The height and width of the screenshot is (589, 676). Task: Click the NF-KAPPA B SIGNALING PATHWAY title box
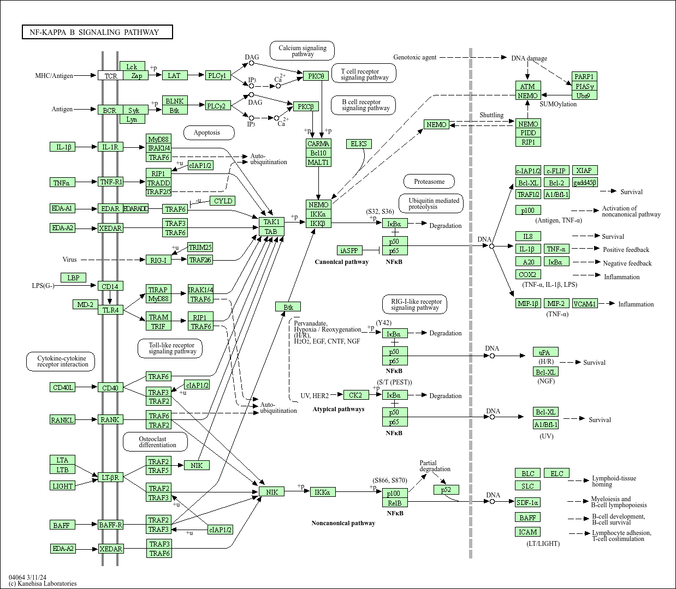pyautogui.click(x=97, y=32)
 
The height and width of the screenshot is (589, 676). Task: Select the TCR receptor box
pyautogui.click(x=111, y=76)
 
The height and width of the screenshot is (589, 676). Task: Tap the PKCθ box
pyautogui.click(x=316, y=76)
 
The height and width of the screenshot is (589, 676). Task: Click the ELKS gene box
pyautogui.click(x=359, y=144)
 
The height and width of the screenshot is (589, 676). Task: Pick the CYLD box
pyautogui.click(x=223, y=201)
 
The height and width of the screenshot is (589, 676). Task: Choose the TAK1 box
pyautogui.click(x=271, y=222)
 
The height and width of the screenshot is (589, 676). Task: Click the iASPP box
pyautogui.click(x=349, y=250)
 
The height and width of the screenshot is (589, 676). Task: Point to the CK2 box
pyautogui.click(x=355, y=395)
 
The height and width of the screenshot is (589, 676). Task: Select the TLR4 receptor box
pyautogui.click(x=110, y=310)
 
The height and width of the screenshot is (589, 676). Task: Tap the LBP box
pyautogui.click(x=73, y=278)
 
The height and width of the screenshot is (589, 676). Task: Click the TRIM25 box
pyautogui.click(x=200, y=248)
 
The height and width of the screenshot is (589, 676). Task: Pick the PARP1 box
pyautogui.click(x=584, y=76)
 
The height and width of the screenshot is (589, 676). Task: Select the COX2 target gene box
pyautogui.click(x=527, y=275)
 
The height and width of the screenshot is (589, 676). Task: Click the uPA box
pyautogui.click(x=545, y=352)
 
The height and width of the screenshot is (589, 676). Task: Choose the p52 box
pyautogui.click(x=446, y=490)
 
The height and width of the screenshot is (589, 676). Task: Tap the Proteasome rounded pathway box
pyautogui.click(x=429, y=182)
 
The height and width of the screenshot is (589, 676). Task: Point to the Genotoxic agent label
pyautogui.click(x=415, y=57)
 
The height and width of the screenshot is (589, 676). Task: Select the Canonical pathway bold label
pyautogui.click(x=341, y=262)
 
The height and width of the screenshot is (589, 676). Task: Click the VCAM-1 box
pyautogui.click(x=584, y=304)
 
